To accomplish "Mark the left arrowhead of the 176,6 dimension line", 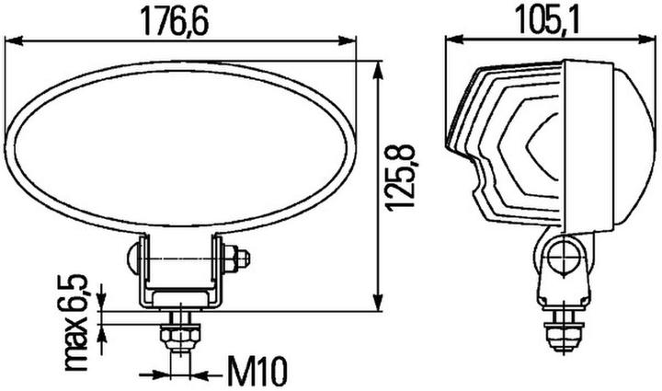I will [x=11, y=40].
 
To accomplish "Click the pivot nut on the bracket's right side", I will [x=242, y=259].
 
